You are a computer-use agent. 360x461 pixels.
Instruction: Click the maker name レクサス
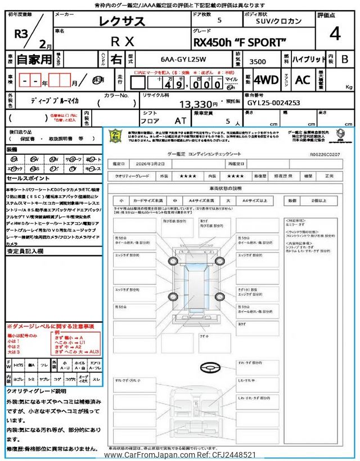122,21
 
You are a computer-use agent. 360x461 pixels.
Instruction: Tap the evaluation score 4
335,34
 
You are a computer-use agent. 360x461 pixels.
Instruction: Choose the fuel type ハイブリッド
309,59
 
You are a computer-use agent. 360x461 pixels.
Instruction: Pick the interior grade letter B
345,59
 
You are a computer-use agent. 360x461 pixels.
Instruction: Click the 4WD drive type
266,79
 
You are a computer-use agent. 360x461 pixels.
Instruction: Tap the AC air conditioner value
303,79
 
